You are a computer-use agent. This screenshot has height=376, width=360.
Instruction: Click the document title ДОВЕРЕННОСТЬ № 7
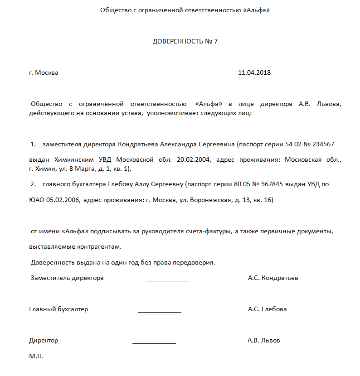(x=185, y=41)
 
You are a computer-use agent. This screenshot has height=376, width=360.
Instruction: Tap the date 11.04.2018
(x=254, y=72)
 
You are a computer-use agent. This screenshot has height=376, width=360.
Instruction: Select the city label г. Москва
(x=44, y=72)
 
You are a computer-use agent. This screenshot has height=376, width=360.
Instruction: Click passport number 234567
(x=320, y=144)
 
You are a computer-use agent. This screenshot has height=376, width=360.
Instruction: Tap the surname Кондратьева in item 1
(x=138, y=144)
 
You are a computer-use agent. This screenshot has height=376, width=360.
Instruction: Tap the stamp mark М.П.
(x=36, y=357)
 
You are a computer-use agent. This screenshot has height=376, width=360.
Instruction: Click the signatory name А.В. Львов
(x=264, y=340)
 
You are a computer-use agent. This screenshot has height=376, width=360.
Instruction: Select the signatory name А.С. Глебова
(x=267, y=309)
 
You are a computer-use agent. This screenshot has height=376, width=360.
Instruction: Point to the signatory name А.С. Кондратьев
(x=273, y=278)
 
